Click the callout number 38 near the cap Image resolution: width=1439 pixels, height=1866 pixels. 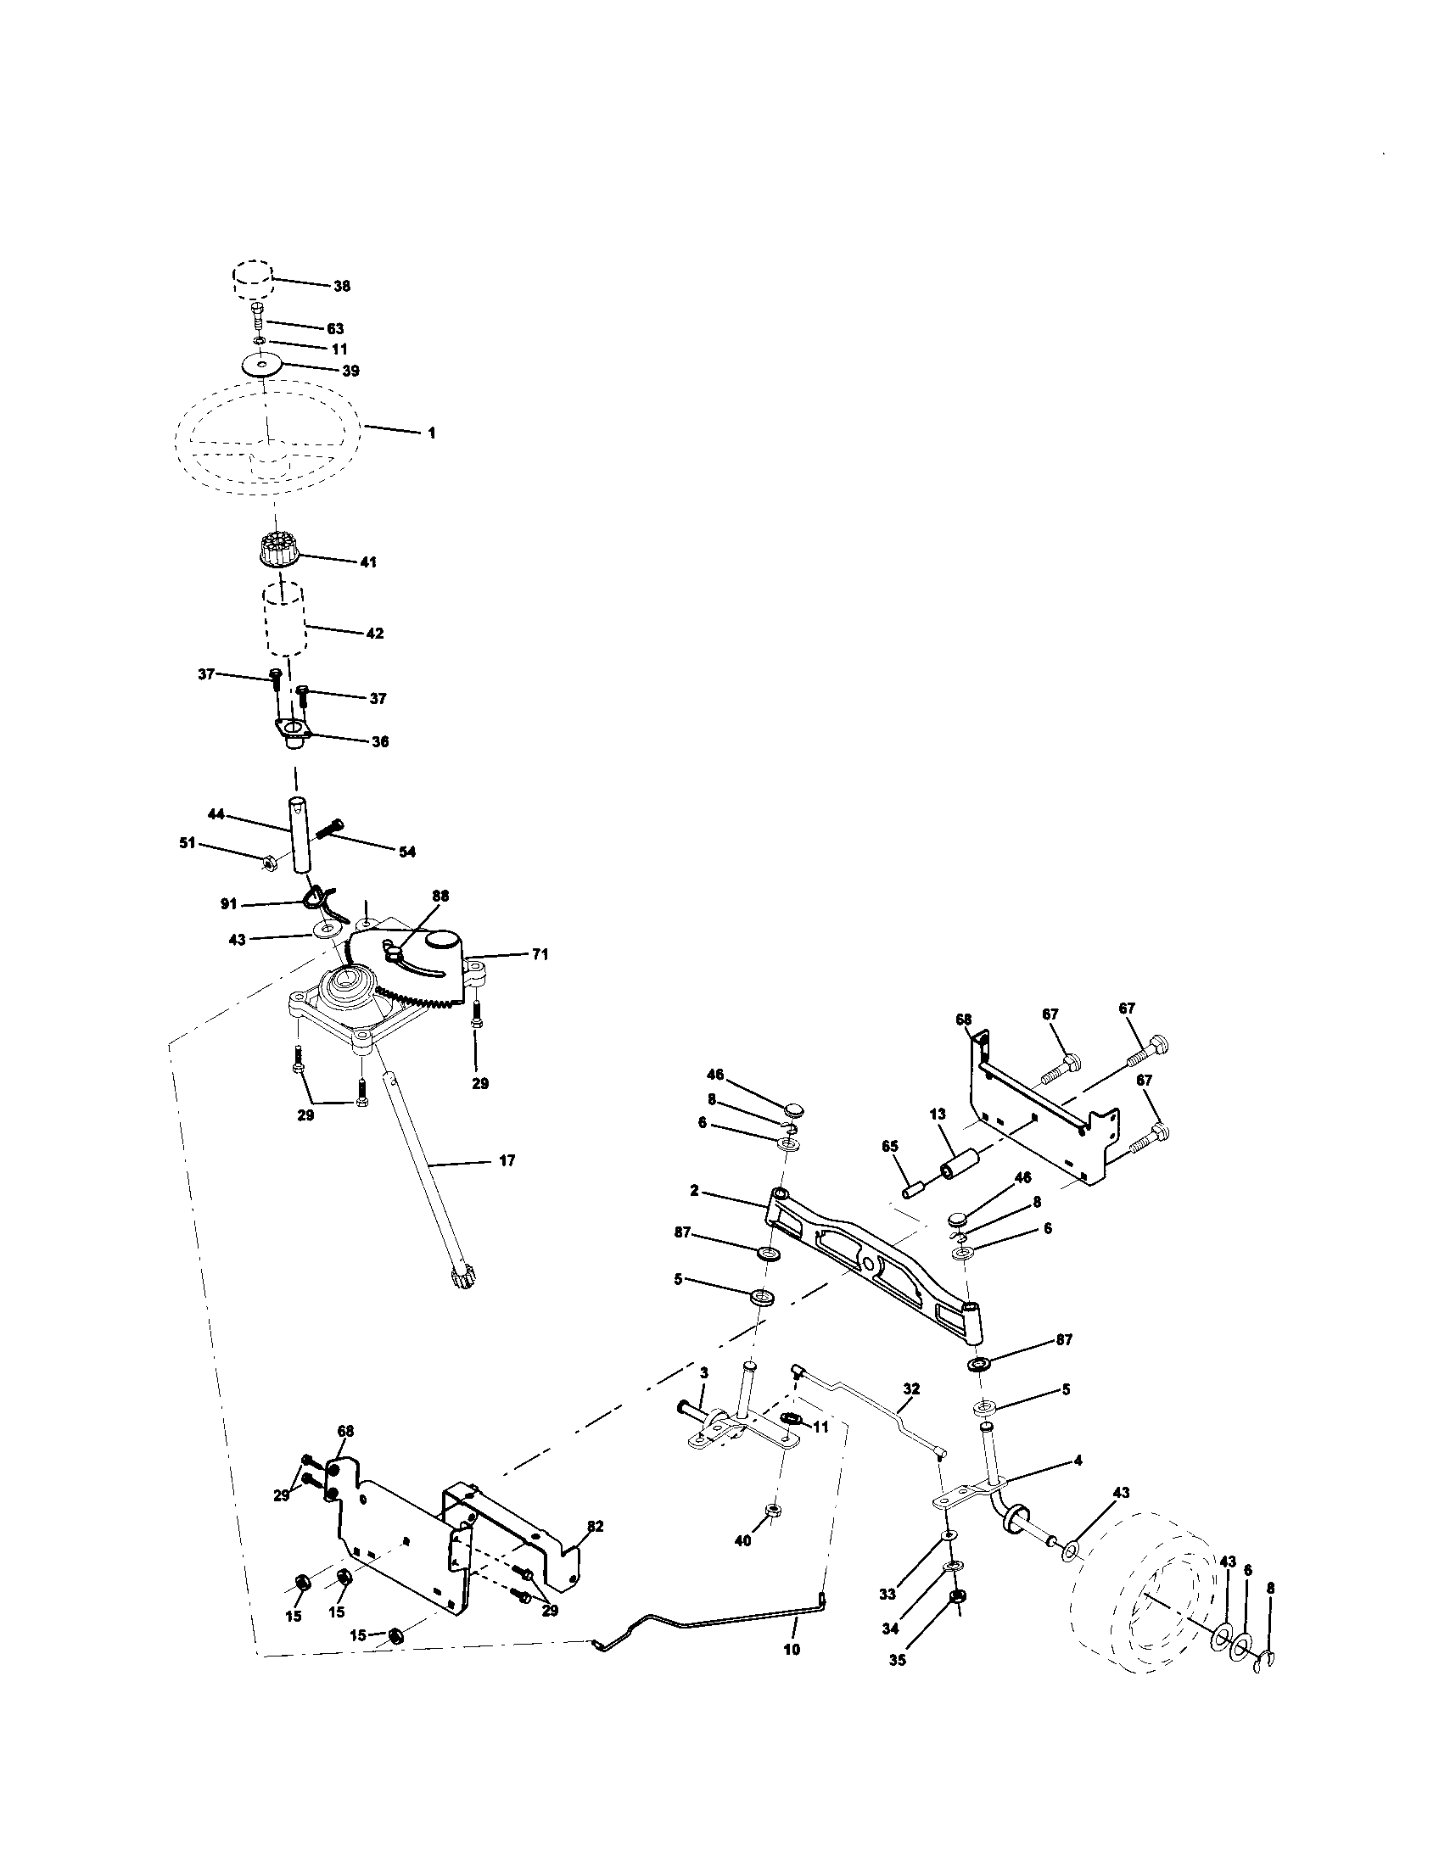[x=341, y=286]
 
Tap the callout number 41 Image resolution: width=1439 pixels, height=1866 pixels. [x=368, y=562]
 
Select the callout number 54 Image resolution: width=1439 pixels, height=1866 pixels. [x=406, y=852]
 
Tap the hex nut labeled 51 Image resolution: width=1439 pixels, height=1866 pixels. [x=266, y=863]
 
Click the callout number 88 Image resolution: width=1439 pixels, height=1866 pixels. [x=440, y=897]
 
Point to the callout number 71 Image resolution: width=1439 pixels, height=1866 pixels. [x=539, y=955]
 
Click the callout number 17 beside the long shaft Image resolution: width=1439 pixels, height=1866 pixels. [x=506, y=1161]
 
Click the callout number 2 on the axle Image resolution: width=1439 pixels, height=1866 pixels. [x=694, y=1190]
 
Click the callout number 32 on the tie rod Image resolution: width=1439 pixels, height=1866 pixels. [x=911, y=1389]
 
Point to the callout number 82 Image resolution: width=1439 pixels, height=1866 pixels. [x=595, y=1526]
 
